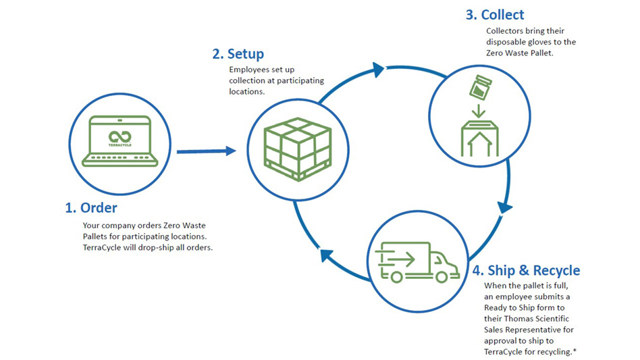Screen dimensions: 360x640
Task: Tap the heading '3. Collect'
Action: point(496,15)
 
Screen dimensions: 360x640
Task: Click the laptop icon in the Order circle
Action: point(119,143)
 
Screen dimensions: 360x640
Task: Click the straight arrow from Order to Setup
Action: point(206,151)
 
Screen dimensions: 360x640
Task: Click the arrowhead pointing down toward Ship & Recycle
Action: point(502,207)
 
